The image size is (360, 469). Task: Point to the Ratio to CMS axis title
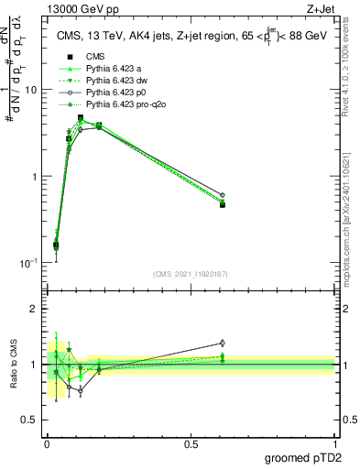[14, 364]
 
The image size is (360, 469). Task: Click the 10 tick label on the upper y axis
[31, 91]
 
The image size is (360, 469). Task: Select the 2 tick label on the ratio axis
[35, 309]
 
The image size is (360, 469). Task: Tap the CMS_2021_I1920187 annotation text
[191, 274]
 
